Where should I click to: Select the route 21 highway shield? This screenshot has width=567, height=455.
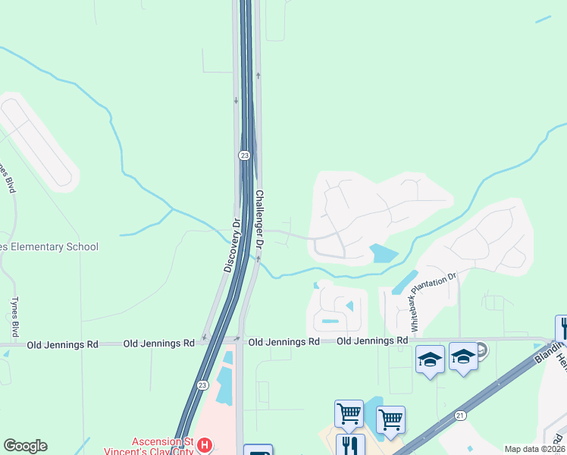(x=460, y=415)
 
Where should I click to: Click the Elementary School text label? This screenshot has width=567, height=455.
(x=49, y=246)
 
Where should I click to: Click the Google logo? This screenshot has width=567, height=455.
(x=25, y=446)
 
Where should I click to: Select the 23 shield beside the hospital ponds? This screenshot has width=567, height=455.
(x=202, y=384)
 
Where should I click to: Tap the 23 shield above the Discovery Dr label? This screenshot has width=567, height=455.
(x=243, y=155)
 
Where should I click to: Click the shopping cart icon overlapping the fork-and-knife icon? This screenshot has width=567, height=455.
(x=349, y=414)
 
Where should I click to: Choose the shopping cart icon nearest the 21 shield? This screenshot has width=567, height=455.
(x=390, y=419)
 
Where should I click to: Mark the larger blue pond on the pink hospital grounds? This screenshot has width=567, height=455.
(x=225, y=378)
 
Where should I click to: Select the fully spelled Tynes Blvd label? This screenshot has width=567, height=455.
(x=14, y=317)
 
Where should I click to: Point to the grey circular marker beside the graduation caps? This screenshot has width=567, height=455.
(x=481, y=350)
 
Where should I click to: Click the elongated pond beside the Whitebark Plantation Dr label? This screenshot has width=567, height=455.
(x=404, y=283)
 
